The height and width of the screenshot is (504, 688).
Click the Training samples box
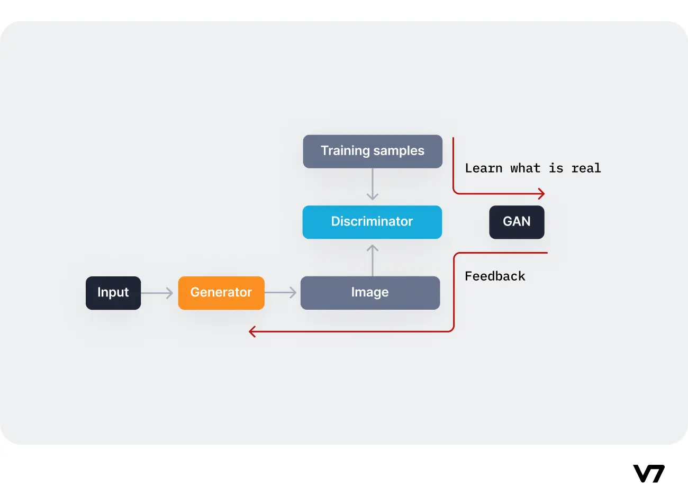[x=373, y=151]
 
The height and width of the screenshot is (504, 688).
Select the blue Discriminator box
[x=372, y=222]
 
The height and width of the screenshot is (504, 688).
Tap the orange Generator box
[x=221, y=293]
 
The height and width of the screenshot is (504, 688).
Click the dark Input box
[x=113, y=293]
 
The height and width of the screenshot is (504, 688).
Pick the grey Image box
[x=370, y=293]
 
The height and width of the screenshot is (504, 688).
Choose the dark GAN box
[x=517, y=222]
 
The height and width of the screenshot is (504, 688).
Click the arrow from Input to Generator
[x=157, y=293]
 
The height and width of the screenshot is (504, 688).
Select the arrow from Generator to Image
[x=281, y=293]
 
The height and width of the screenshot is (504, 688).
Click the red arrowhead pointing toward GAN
[x=541, y=193]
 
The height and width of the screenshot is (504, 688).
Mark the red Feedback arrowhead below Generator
[x=252, y=331]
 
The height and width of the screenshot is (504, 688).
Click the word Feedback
[x=495, y=276]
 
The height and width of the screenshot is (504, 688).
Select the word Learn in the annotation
[x=483, y=168]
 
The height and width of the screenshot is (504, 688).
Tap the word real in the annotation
[x=586, y=168]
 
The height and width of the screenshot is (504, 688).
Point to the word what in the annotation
[x=525, y=168]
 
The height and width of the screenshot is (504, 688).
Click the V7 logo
[x=649, y=473]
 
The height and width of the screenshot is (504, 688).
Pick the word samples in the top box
[x=400, y=151]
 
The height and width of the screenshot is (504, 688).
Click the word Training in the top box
[x=345, y=151]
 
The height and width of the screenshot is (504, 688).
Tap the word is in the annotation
[x=556, y=168]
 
